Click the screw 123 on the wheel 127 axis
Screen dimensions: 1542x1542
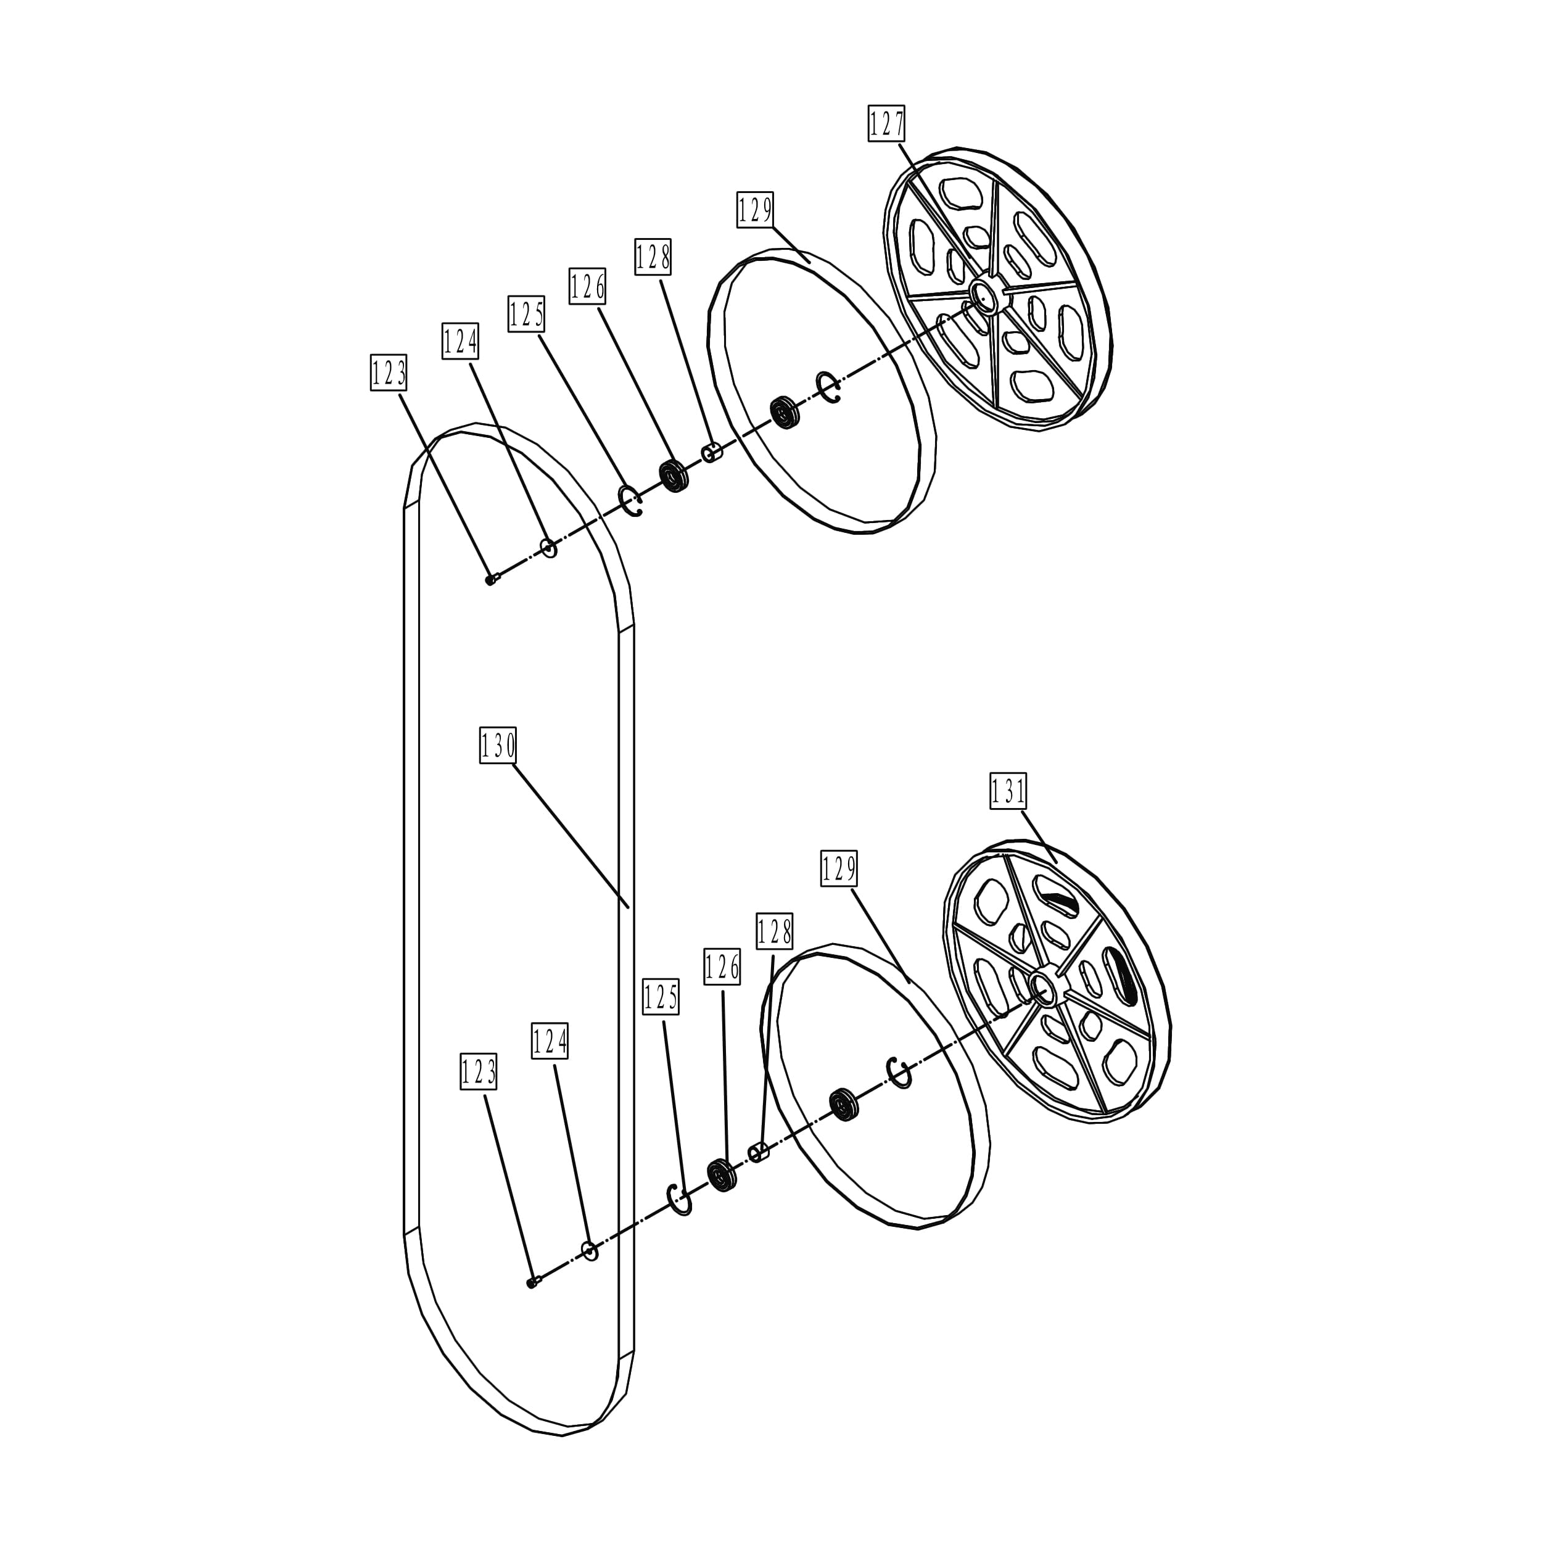(492, 579)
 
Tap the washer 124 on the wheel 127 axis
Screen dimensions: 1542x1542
(549, 548)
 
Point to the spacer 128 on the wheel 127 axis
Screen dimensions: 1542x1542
(712, 453)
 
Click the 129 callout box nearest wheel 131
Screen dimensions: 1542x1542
(839, 868)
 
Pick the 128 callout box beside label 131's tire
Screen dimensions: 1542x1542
(774, 931)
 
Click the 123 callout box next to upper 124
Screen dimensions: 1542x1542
(389, 373)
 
